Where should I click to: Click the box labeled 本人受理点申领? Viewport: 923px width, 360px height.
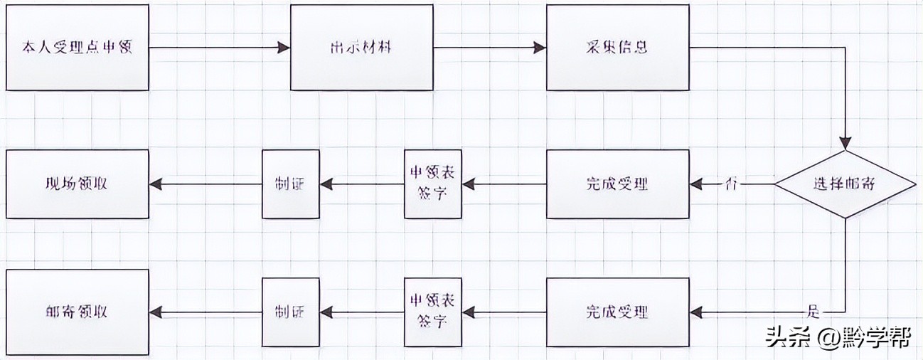[x=78, y=48]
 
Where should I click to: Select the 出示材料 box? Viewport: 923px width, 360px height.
[x=362, y=48]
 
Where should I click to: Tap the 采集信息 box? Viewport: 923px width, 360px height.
[x=617, y=48]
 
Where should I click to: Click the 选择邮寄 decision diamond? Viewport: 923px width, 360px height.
[x=844, y=184]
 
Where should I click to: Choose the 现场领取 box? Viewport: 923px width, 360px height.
[x=78, y=184]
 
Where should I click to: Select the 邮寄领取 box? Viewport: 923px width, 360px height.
[x=78, y=312]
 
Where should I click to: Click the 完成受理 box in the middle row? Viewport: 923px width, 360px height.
[x=617, y=184]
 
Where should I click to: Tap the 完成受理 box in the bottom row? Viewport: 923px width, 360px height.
[x=617, y=312]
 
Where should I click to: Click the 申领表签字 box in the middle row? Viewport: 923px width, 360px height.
[x=432, y=184]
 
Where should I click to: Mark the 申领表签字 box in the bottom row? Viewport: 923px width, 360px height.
[x=432, y=312]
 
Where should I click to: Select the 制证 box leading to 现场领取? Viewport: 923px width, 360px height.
[x=290, y=184]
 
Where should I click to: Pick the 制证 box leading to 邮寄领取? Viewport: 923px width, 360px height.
[x=290, y=312]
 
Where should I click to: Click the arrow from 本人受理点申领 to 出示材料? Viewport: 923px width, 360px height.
[x=220, y=48]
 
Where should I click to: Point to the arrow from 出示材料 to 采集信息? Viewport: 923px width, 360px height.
[x=490, y=48]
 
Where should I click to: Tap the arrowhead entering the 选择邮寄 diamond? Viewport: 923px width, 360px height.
[x=844, y=141]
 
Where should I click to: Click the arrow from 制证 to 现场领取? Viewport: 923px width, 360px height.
[x=206, y=184]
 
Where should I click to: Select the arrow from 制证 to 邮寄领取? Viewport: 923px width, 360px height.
[x=206, y=312]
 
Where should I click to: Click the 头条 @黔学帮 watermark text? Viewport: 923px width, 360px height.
[x=838, y=337]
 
